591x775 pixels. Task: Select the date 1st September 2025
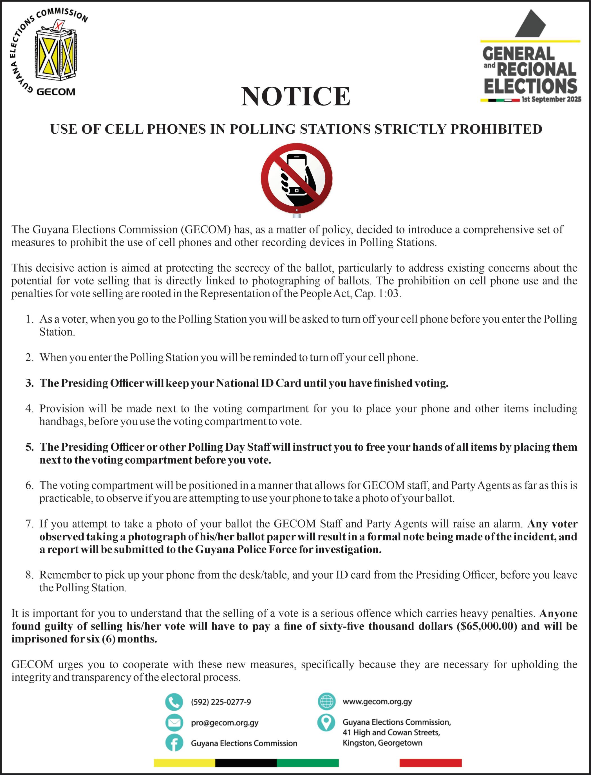551,100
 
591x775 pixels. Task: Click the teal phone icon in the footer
174,702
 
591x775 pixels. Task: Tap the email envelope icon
174,723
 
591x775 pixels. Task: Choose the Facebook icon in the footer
174,743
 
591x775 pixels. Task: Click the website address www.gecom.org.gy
377,702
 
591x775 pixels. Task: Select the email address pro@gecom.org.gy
225,723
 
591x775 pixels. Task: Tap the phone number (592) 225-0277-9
221,702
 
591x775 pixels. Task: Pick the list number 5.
30,447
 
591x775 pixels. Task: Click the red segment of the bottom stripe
430,763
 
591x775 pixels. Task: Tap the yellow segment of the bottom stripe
184,763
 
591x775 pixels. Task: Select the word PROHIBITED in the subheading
496,129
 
